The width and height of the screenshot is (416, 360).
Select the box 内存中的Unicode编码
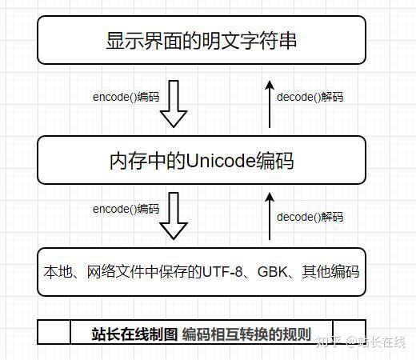(x=202, y=161)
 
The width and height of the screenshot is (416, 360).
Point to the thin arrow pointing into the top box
(x=270, y=104)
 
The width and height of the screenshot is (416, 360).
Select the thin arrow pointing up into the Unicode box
(x=270, y=216)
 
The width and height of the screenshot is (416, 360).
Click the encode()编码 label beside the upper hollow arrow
(x=126, y=97)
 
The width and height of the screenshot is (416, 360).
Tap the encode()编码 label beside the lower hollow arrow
(x=126, y=209)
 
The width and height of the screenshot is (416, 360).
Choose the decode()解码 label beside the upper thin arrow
(x=310, y=97)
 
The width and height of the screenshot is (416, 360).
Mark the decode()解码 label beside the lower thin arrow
(x=310, y=217)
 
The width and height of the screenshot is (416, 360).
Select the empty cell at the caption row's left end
(x=54, y=332)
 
